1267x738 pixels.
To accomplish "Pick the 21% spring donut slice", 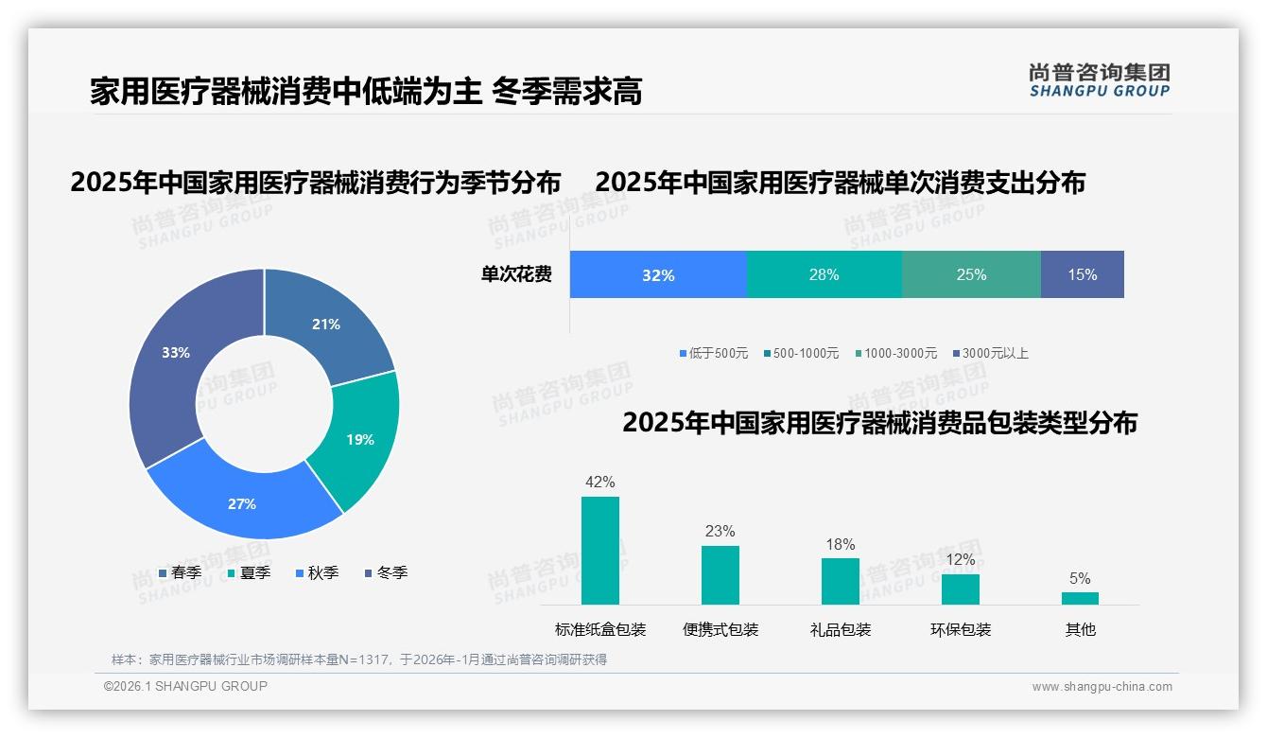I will tap(326, 325).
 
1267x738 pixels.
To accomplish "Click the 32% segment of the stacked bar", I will tap(658, 275).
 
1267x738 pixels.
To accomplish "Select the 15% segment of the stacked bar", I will tap(1083, 275).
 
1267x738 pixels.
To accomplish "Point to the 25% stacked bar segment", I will tap(971, 275).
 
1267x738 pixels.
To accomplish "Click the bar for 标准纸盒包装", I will tap(600, 551).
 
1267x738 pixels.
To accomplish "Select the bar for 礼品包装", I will tap(841, 581).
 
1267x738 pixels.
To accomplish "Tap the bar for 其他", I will tap(1080, 598).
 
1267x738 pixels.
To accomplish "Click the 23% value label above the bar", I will tap(720, 532).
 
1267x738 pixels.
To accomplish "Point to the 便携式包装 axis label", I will tap(720, 630).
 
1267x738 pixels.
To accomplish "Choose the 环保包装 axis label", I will tap(961, 630).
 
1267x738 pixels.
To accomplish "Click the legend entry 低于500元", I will tap(714, 354).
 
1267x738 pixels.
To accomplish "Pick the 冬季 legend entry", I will tap(386, 573).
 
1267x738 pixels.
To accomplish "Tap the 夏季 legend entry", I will tap(250, 573).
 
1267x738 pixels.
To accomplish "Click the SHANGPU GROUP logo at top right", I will tap(1100, 80).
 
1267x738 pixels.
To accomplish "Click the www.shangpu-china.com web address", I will tap(1102, 687).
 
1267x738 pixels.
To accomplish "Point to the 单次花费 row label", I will tap(516, 275).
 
